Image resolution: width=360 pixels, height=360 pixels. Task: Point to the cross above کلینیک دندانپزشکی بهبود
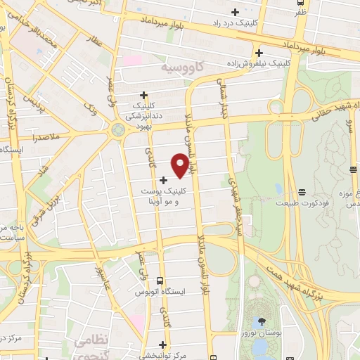click(x=144, y=95)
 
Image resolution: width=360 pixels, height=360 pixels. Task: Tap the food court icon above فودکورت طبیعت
click(x=302, y=192)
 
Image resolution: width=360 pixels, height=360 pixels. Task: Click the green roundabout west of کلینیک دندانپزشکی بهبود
click(x=117, y=129)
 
